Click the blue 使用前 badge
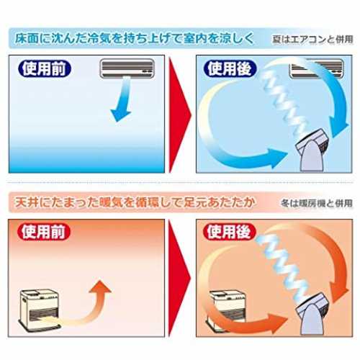pyautogui.click(x=45, y=69)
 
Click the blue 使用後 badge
pyautogui.click(x=230, y=69)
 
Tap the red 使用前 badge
pyautogui.click(x=44, y=232)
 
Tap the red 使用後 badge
pyautogui.click(x=230, y=232)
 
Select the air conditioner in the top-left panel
pyautogui.click(x=127, y=68)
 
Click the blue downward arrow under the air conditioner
pyautogui.click(x=122, y=99)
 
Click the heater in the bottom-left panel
pyautogui.click(x=40, y=310)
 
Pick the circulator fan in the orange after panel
pyautogui.click(x=313, y=315)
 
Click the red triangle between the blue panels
pyautogui.click(x=179, y=114)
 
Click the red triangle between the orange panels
pyautogui.click(x=179, y=279)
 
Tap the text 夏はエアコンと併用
pyautogui.click(x=312, y=40)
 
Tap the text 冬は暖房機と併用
pyautogui.click(x=317, y=204)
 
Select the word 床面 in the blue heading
pyautogui.click(x=27, y=38)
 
